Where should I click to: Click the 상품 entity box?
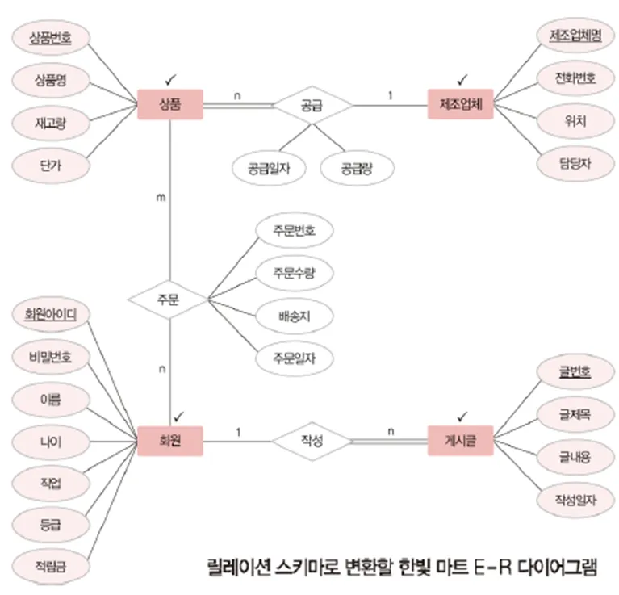point(170,105)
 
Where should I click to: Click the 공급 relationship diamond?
point(311,105)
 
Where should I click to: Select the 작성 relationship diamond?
point(311,440)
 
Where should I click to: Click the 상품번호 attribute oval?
point(50,37)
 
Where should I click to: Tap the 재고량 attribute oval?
point(50,123)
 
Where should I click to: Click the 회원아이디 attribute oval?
point(50,313)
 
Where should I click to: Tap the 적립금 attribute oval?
point(50,565)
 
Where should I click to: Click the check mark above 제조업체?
point(462,80)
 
